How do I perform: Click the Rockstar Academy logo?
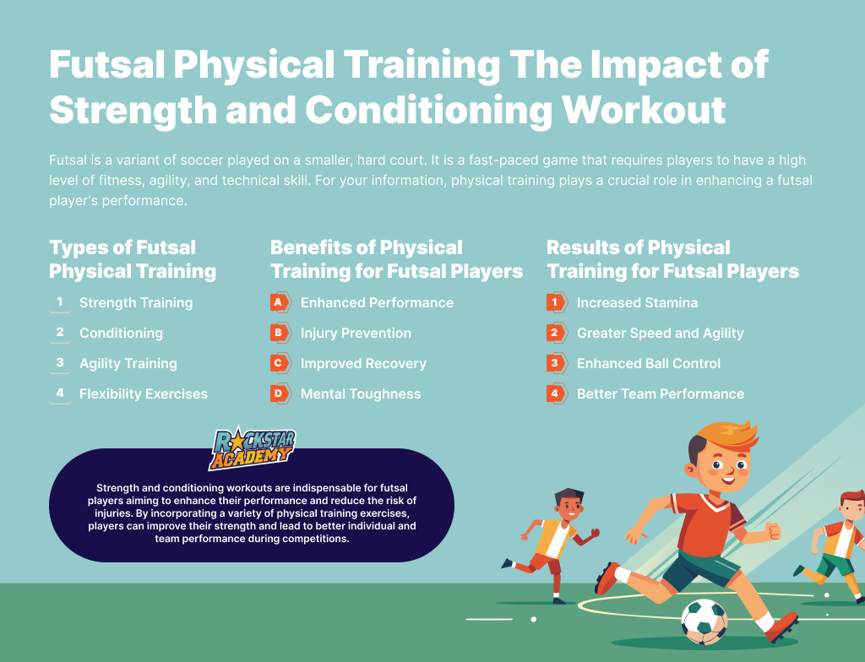pos(252,448)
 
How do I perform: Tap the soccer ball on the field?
pos(704,621)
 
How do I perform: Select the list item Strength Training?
pos(136,303)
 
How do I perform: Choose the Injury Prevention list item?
pos(356,334)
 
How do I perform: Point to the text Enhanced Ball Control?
pos(649,364)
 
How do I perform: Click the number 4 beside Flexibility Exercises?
pos(60,393)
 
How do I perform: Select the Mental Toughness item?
pos(361,393)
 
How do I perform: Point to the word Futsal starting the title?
pos(107,64)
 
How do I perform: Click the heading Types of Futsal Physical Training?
pos(133,259)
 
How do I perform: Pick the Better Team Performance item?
pos(661,393)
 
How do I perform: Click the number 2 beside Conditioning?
pos(60,332)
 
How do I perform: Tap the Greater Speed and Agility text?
pos(661,334)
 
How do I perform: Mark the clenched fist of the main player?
pos(774,531)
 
